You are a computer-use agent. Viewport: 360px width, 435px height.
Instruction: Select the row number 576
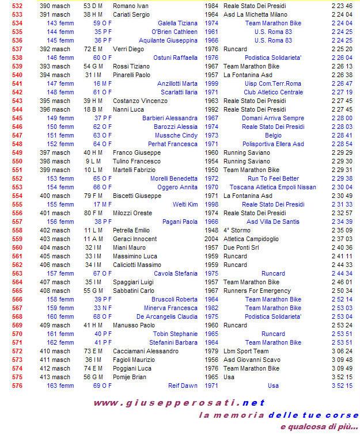click(x=17, y=386)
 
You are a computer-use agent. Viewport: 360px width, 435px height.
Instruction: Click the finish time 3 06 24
click(x=342, y=351)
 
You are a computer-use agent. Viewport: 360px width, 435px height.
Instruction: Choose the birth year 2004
click(x=211, y=239)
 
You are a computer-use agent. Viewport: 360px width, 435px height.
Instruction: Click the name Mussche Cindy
click(x=179, y=135)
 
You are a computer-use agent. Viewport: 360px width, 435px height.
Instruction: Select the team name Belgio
click(x=265, y=135)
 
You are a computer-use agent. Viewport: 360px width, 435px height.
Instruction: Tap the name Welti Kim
click(x=185, y=204)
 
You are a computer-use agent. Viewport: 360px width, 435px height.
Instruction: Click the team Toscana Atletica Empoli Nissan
click(x=265, y=187)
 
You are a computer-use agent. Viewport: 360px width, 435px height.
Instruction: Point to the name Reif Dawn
click(x=183, y=386)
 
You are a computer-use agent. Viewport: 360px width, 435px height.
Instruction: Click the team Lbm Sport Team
click(x=246, y=351)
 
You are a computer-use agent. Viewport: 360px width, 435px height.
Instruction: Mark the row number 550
click(x=17, y=161)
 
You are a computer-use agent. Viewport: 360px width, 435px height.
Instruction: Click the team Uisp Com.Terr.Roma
click(x=265, y=83)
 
